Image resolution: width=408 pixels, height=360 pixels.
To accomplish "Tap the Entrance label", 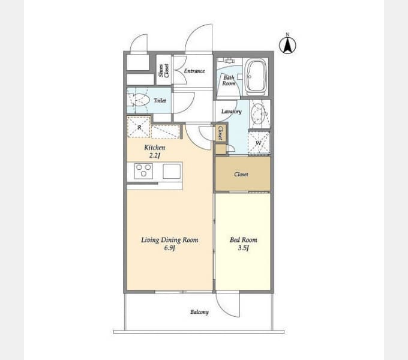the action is (x=194, y=71).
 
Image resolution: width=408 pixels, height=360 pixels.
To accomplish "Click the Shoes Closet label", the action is (x=164, y=70).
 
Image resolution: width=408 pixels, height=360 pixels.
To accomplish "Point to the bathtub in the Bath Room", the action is (x=257, y=76).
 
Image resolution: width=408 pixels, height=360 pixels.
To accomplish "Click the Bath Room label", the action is (x=229, y=80).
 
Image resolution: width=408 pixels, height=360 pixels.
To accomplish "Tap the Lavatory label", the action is (x=232, y=112).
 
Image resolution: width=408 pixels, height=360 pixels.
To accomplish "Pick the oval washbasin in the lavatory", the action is (x=258, y=114).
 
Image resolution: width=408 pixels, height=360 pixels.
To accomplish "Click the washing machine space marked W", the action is (x=259, y=143).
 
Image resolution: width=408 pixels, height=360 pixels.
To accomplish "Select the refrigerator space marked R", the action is (x=139, y=127).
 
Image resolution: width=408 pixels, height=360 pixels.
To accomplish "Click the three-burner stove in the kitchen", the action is (x=143, y=171).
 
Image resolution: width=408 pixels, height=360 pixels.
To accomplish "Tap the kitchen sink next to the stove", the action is (x=172, y=171).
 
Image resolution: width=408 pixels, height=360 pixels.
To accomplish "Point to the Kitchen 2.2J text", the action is (x=155, y=151).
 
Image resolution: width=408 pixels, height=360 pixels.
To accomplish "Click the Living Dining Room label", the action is (x=170, y=240).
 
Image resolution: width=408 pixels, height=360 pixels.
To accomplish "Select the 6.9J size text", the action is (x=169, y=248).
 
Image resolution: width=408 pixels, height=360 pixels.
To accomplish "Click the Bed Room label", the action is (x=243, y=240).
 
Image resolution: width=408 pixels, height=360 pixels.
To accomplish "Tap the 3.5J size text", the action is (x=243, y=248).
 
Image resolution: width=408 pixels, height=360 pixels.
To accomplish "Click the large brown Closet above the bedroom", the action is (x=242, y=174).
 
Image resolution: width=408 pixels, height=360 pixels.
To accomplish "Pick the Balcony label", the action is (x=199, y=312).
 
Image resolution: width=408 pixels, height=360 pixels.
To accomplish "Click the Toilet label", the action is (x=160, y=100).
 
